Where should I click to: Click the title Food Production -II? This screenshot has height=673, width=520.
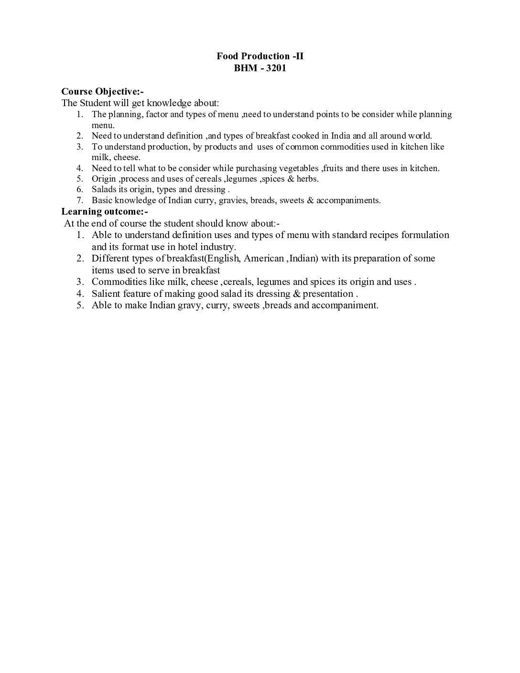click(x=260, y=56)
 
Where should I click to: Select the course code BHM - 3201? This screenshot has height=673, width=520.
click(x=260, y=68)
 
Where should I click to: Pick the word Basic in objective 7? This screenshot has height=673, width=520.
click(x=102, y=200)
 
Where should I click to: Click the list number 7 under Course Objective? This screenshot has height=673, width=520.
click(x=80, y=200)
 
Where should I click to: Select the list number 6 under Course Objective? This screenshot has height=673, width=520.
click(x=80, y=189)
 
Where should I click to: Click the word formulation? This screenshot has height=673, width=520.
click(x=425, y=235)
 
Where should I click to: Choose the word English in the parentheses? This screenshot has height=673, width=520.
click(x=221, y=259)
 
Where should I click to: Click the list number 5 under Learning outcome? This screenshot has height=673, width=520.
click(x=80, y=305)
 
